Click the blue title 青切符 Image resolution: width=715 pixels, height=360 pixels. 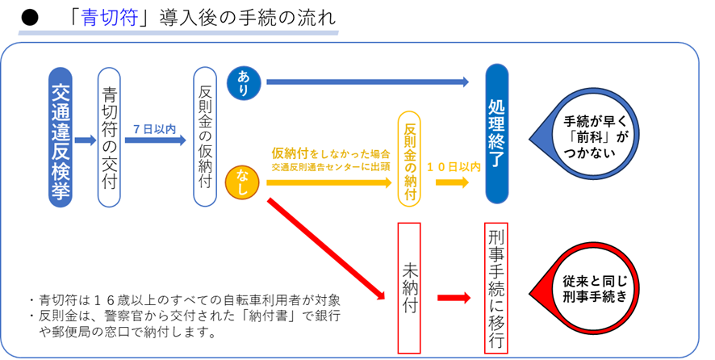pos(109,18)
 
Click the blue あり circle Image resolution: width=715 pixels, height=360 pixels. pos(244,81)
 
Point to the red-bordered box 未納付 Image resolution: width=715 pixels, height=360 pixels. pos(410,287)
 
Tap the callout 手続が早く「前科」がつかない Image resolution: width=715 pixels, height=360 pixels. pos(596,129)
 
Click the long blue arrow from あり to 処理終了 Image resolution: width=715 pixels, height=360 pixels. pos(367,81)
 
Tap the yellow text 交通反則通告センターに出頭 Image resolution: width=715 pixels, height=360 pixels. pos(331,169)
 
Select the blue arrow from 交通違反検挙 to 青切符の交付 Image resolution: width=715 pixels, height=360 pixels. pos(85,141)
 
